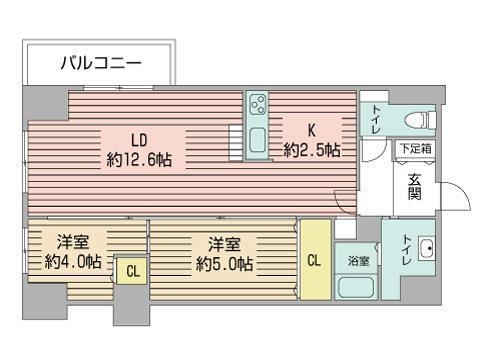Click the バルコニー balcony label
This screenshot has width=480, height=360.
click(100, 63)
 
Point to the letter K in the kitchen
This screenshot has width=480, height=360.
click(311, 130)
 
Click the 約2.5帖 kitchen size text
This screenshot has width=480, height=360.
click(311, 150)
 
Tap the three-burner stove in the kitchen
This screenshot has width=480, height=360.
click(258, 106)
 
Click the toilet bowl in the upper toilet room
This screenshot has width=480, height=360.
click(418, 118)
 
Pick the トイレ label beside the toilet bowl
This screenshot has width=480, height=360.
click(376, 118)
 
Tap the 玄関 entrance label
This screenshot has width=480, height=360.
click(415, 187)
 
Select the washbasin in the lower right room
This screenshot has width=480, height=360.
click(425, 248)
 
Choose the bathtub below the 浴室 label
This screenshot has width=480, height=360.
click(356, 288)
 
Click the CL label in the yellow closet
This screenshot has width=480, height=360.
click(314, 261)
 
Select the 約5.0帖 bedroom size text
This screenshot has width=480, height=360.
click(224, 264)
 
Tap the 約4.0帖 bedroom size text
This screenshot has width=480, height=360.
click(72, 261)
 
